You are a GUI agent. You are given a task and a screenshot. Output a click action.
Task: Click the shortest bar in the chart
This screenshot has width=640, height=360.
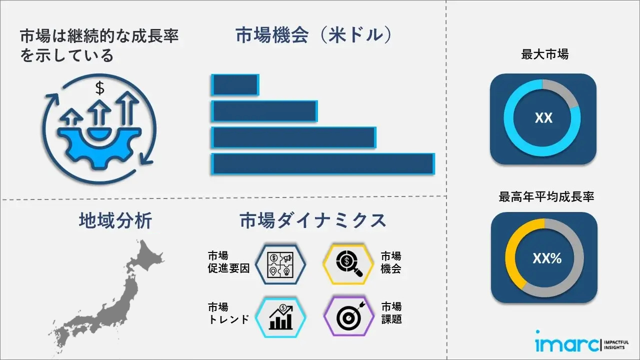pyautogui.click(x=235, y=84)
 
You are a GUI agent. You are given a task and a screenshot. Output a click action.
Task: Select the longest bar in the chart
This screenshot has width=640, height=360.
pyautogui.click(x=323, y=163)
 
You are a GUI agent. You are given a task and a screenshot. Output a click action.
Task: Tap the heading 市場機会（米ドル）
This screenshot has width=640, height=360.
pyautogui.click(x=313, y=35)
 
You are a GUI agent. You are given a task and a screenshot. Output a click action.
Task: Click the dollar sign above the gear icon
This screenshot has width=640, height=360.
pyautogui.click(x=99, y=88)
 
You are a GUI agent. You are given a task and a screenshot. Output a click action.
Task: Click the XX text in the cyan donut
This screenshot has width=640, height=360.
pyautogui.click(x=543, y=117)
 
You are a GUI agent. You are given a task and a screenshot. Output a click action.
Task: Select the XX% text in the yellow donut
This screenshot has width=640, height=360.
pyautogui.click(x=547, y=258)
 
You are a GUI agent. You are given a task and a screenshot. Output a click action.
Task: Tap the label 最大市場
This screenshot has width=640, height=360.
pyautogui.click(x=544, y=54)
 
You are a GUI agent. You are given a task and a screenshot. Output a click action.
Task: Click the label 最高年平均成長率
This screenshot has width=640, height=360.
pyautogui.click(x=546, y=196)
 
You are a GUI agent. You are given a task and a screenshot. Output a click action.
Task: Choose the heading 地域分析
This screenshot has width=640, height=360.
pyautogui.click(x=115, y=220)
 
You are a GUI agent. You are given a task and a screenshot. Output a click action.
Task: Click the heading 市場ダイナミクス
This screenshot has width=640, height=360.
pyautogui.click(x=313, y=220)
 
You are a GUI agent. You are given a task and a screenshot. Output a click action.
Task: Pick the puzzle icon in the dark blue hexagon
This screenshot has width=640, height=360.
pyautogui.click(x=280, y=265)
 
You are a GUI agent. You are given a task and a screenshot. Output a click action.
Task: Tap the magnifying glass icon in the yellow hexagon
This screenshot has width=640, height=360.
pyautogui.click(x=349, y=263)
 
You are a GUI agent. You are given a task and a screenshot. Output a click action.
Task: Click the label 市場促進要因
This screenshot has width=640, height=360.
pyautogui.click(x=228, y=262)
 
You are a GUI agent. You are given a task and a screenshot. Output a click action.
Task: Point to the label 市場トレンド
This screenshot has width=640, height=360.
pyautogui.click(x=228, y=313)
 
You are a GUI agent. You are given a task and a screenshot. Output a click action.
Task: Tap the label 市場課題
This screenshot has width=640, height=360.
pyautogui.click(x=391, y=313)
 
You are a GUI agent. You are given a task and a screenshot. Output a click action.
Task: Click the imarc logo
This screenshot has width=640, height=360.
pyautogui.click(x=582, y=342)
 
